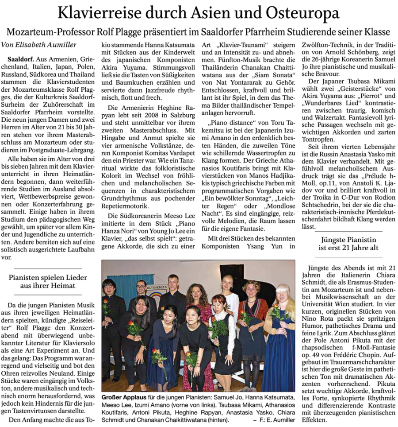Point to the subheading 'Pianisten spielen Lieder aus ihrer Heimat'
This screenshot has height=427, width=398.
pos(48,281)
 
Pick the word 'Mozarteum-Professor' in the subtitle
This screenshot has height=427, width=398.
pos(49,32)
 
